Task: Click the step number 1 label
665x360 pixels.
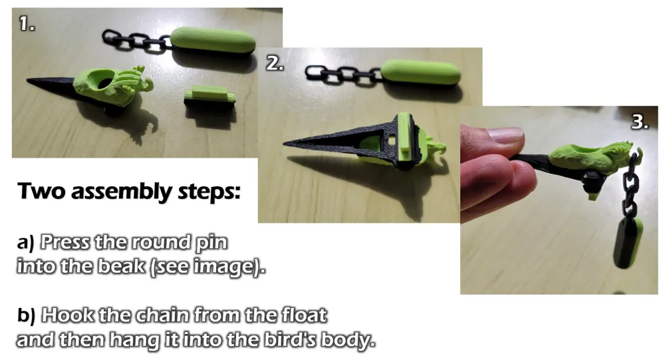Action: pos(27,23)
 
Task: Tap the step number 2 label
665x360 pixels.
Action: pos(275,63)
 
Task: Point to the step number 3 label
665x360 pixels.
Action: pos(640,122)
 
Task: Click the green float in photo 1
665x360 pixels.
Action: pos(213,40)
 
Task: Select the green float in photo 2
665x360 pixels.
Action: pos(420,71)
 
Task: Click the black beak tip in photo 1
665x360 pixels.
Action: pos(28,80)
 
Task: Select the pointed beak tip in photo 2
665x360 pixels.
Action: pos(286,144)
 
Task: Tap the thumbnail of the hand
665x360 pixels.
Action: pos(505,136)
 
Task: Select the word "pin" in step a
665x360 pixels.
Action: pos(211,243)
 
